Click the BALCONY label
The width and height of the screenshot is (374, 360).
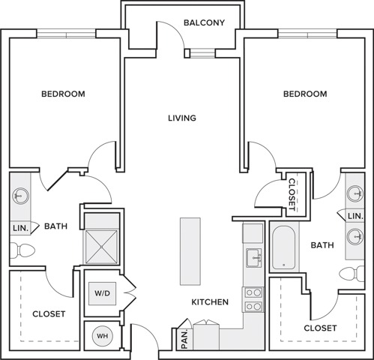click(204, 22)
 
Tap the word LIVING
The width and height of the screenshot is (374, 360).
click(182, 118)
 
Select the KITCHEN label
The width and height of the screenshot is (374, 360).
click(210, 302)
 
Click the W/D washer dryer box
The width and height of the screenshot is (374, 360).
click(103, 293)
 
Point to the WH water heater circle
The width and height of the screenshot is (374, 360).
click(103, 336)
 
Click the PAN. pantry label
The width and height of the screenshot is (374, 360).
click(185, 340)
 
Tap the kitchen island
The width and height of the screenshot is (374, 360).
click(190, 251)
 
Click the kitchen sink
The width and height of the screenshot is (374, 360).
click(254, 258)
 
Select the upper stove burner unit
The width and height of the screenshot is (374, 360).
click(253, 292)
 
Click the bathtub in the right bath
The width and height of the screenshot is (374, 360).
click(283, 247)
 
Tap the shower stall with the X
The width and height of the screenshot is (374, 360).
click(101, 247)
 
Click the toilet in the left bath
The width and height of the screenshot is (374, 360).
click(22, 250)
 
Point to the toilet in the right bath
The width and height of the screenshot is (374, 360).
click(352, 274)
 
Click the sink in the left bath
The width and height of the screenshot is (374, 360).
click(20, 196)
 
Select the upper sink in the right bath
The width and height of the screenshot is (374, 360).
click(355, 193)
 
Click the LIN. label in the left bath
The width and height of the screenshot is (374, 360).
click(20, 228)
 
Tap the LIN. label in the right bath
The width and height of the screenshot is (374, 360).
click(355, 216)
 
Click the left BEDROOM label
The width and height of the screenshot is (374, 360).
click(63, 94)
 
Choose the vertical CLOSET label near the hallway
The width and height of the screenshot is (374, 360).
click(292, 194)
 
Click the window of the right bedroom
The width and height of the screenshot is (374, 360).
click(307, 34)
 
